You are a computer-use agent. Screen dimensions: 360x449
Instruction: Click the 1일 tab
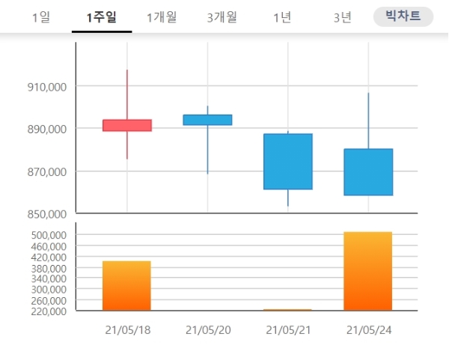pyautogui.click(x=41, y=17)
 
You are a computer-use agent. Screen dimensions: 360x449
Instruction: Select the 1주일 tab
pyautogui.click(x=102, y=17)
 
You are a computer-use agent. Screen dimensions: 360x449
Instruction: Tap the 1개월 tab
pyautogui.click(x=162, y=17)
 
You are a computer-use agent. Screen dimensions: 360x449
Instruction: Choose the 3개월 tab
pyautogui.click(x=222, y=17)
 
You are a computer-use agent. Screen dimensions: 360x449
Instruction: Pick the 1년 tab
pyautogui.click(x=282, y=17)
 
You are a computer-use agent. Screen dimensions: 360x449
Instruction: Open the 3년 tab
pyautogui.click(x=342, y=17)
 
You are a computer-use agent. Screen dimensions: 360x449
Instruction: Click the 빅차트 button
pyautogui.click(x=403, y=16)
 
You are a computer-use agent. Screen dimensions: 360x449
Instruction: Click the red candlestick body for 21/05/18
pyautogui.click(x=127, y=125)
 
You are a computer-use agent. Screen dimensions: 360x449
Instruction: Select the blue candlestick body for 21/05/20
pyautogui.click(x=207, y=120)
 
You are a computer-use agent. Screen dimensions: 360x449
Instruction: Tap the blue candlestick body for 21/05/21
pyautogui.click(x=288, y=162)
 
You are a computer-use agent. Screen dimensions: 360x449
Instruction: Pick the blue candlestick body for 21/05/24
pyautogui.click(x=368, y=172)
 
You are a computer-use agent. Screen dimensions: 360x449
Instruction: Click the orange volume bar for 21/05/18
pyautogui.click(x=127, y=285)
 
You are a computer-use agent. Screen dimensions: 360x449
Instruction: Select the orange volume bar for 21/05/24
pyautogui.click(x=368, y=271)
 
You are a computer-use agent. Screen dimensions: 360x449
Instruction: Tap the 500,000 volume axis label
pyautogui.click(x=46, y=235)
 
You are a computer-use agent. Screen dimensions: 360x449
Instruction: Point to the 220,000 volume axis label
pyautogui.click(x=46, y=311)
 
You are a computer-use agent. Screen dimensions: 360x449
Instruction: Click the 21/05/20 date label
pyautogui.click(x=207, y=330)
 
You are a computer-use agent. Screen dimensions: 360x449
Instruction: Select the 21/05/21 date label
pyautogui.click(x=288, y=330)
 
